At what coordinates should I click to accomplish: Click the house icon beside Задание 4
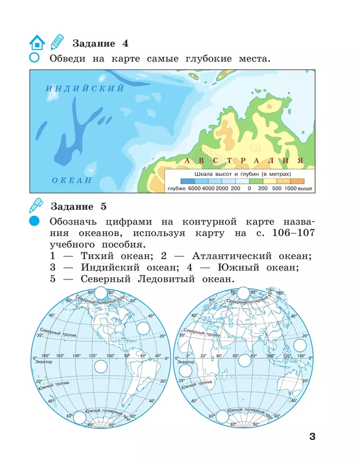37,43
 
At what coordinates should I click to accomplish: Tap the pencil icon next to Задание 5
36,206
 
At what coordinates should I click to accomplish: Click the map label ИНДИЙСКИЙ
85,89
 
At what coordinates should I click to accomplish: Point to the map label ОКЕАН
72,180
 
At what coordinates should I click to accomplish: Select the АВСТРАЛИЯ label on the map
244,160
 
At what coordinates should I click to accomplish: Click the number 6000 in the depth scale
194,189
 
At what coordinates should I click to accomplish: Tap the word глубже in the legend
176,189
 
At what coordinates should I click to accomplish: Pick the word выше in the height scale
305,189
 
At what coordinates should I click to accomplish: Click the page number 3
312,437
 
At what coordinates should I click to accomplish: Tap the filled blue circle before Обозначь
35,221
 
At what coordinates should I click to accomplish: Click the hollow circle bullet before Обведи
34,58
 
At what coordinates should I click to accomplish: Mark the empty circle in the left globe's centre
101,366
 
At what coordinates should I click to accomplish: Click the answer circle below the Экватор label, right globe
185,368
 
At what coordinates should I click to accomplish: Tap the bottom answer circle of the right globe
220,417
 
